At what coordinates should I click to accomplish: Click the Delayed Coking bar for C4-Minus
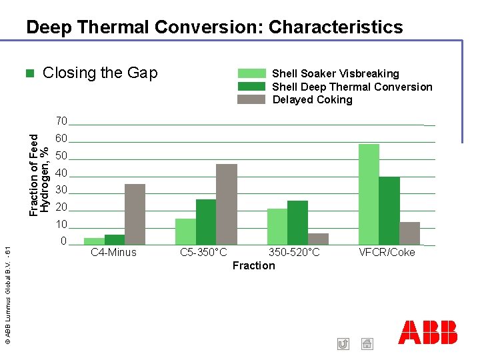tap(135, 215)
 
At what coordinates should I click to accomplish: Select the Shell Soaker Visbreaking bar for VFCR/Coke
tap(369, 195)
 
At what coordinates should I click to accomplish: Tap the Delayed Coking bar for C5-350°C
tap(227, 205)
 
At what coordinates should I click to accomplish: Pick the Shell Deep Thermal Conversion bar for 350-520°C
tap(297, 223)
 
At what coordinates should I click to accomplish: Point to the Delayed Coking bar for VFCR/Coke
tap(409, 233)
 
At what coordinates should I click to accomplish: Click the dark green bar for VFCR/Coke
tap(389, 211)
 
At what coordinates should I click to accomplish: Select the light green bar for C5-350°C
tap(185, 231)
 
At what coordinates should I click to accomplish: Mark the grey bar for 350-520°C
tap(318, 239)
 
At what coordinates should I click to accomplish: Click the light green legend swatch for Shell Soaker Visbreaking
tap(252, 73)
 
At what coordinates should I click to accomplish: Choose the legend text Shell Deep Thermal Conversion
tap(352, 87)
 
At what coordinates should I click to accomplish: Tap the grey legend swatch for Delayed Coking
tap(252, 99)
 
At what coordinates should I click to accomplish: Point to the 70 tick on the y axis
tap(61, 121)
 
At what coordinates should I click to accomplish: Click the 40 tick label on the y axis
tap(61, 173)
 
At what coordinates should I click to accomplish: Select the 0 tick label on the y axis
tap(63, 241)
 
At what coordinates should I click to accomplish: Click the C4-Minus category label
tap(113, 252)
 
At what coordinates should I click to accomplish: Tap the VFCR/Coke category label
tap(387, 252)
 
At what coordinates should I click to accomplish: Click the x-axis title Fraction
tap(253, 265)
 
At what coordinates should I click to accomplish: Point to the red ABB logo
tap(427, 332)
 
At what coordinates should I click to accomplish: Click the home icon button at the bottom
tap(367, 344)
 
